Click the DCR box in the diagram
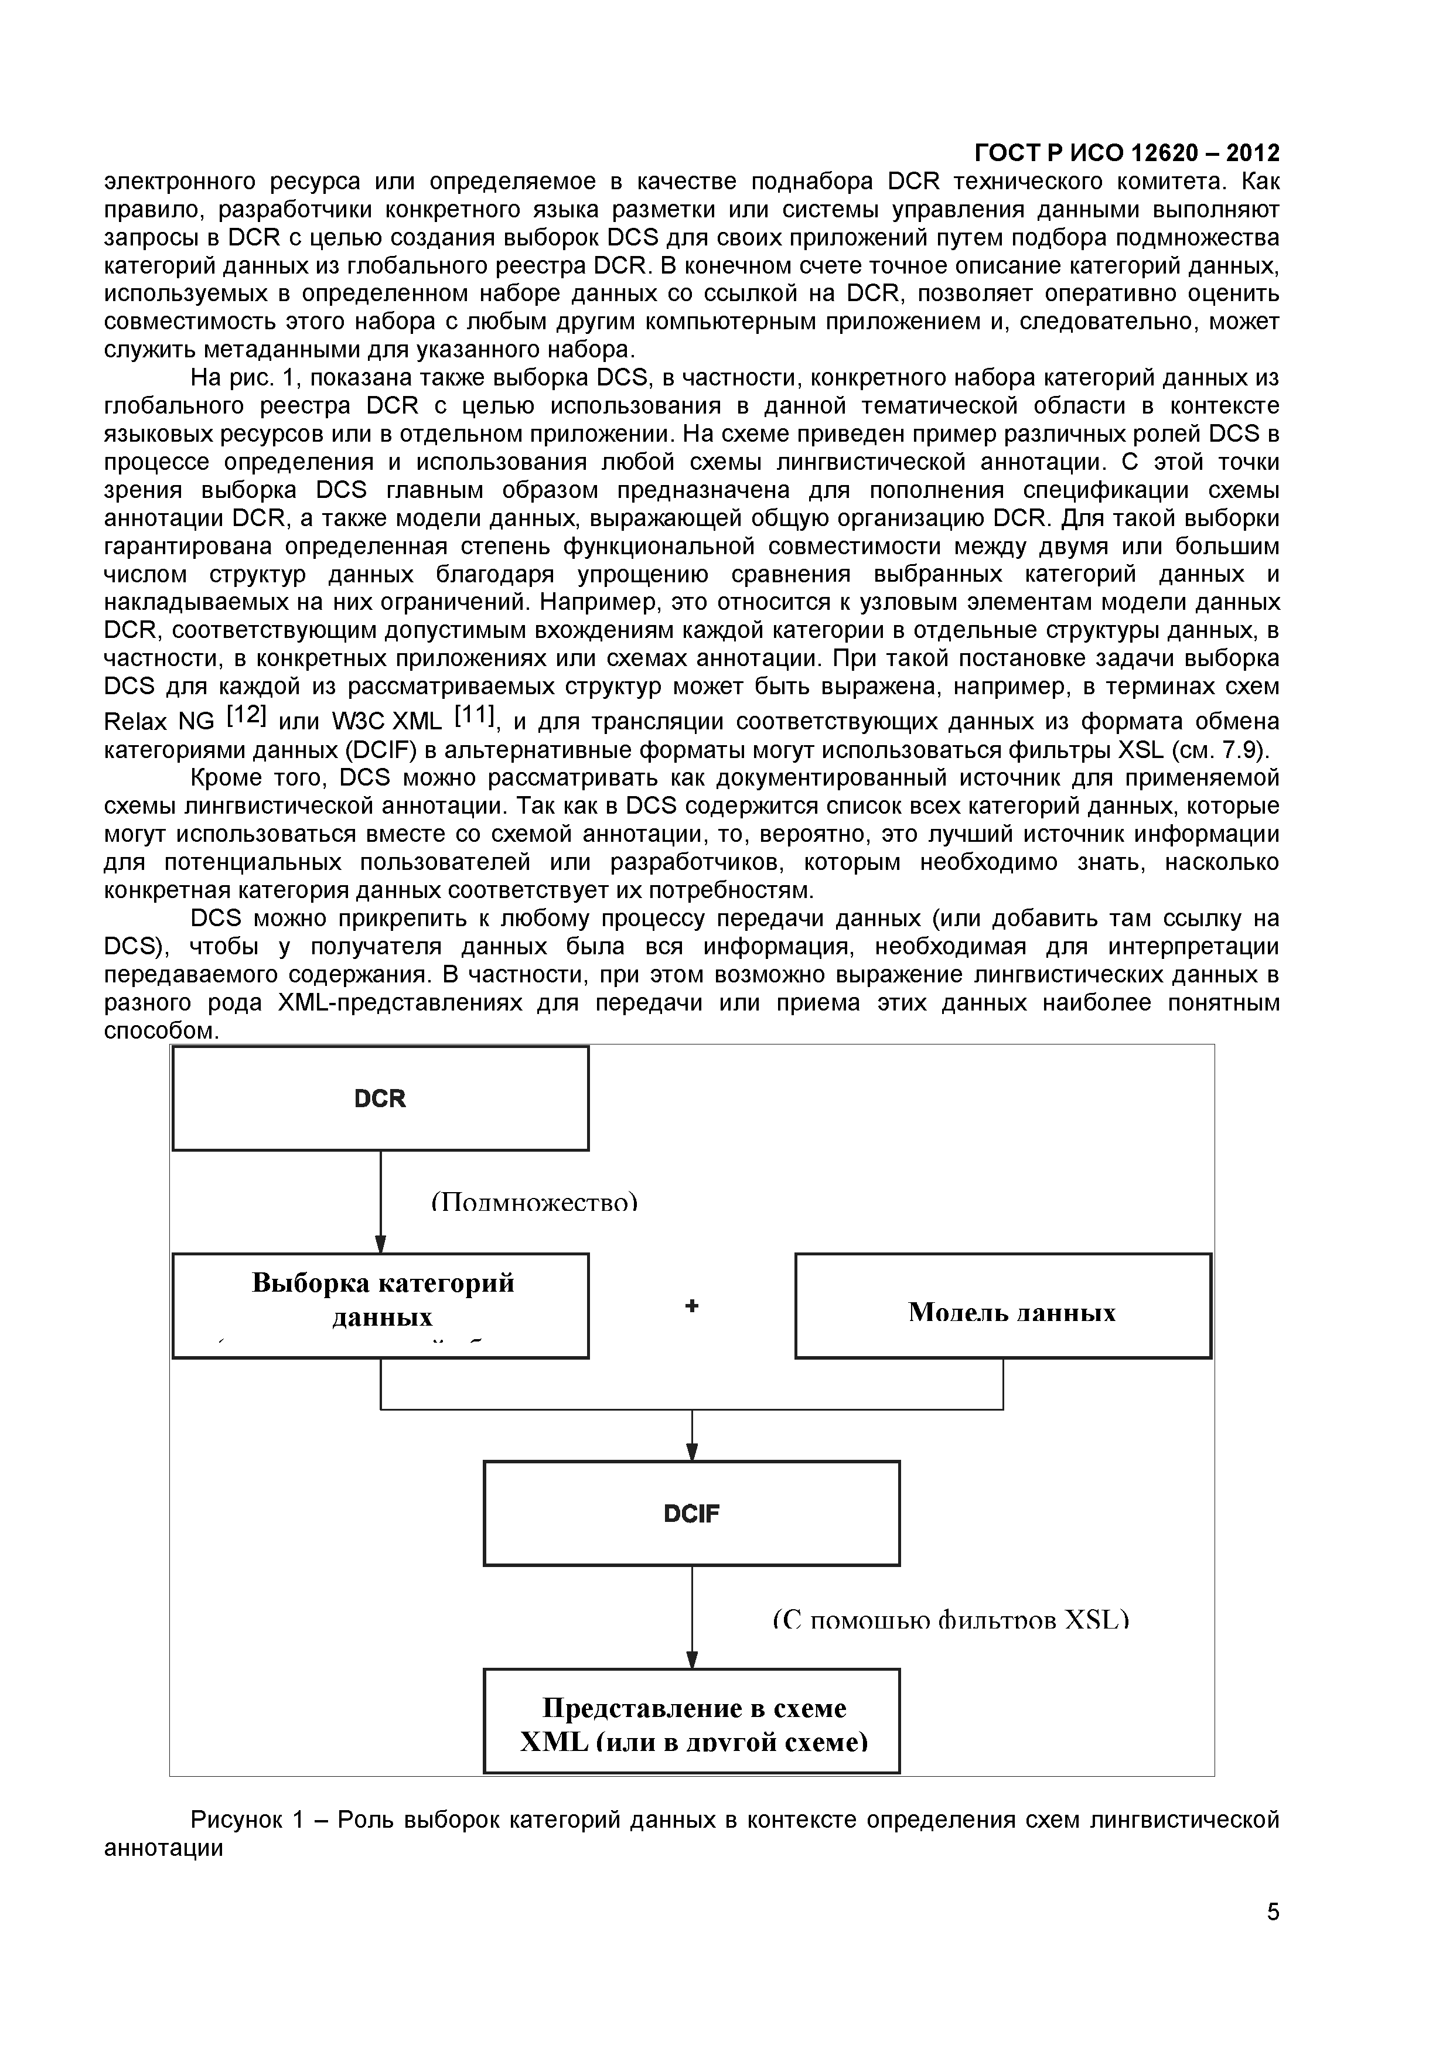380,1098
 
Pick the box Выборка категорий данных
380,1306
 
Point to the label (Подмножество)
534,1203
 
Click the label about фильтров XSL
951,1618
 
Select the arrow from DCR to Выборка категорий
380,1199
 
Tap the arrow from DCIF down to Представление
691,1616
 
